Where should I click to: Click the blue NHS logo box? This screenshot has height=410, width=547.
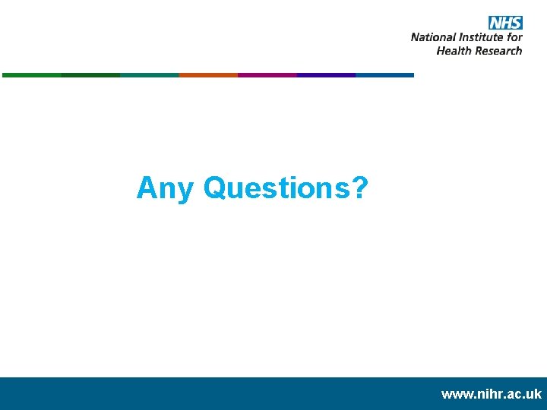point(505,22)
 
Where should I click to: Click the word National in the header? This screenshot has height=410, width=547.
point(433,36)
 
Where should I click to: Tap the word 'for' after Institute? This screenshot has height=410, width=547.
point(515,36)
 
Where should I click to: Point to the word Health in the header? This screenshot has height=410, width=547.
point(454,51)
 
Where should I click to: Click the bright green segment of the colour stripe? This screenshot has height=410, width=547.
point(31,75)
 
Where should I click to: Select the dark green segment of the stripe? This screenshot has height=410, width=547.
point(90,75)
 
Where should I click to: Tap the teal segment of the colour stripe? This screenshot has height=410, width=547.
point(149,75)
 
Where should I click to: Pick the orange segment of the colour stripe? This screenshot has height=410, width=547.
point(208,75)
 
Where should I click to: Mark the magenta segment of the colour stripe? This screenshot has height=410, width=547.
point(267,75)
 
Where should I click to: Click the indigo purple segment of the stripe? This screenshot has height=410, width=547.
point(326,75)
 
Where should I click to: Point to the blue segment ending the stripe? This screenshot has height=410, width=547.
point(384,75)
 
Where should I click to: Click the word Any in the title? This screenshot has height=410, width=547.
point(165,188)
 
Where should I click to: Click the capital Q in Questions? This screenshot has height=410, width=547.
point(217,187)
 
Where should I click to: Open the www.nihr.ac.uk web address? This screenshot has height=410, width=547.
point(492,394)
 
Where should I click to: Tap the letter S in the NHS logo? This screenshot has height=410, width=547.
point(515,22)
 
